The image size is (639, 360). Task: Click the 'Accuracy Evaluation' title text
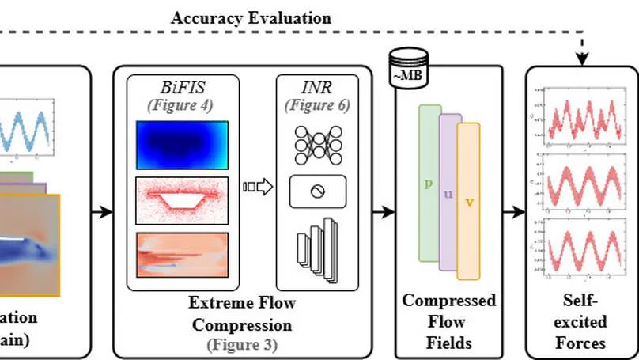251,17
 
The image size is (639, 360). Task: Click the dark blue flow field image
182,142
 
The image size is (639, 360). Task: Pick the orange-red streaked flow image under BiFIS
182,254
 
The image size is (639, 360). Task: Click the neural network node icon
317,142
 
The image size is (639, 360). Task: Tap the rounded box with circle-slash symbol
317,191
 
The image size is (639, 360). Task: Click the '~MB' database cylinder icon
409,64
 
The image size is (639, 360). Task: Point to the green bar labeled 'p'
429,182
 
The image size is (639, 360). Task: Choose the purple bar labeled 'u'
450,192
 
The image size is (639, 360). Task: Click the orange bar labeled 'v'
469,201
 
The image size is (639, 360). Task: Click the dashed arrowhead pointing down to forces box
583,59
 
